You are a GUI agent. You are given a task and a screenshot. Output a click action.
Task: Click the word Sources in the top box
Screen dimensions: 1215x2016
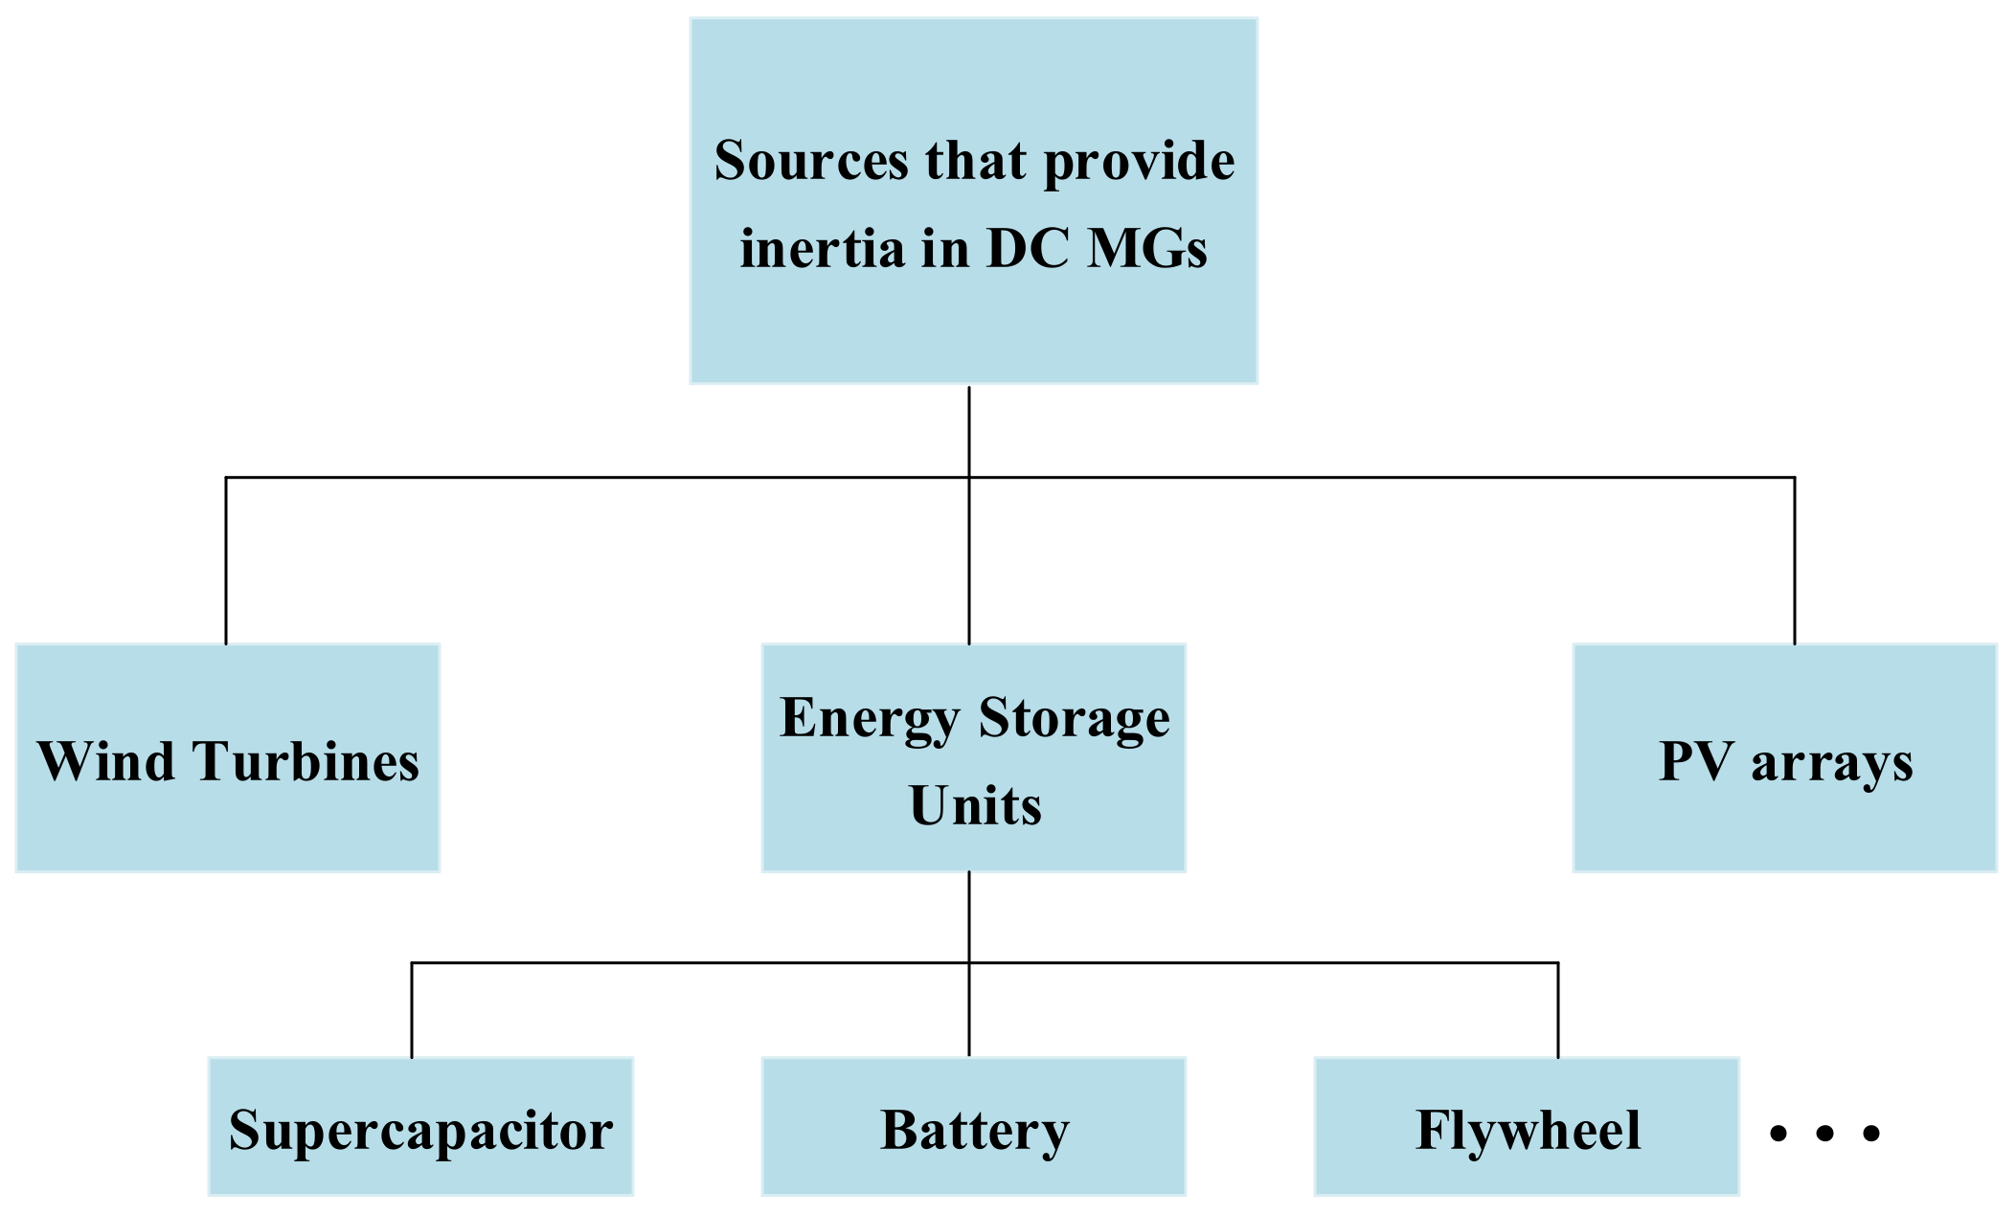point(810,161)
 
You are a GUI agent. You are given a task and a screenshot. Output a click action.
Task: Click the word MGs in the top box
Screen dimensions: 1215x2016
point(1147,248)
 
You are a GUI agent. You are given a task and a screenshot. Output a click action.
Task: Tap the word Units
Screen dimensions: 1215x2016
point(975,806)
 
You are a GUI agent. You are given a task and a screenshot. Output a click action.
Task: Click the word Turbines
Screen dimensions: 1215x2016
point(306,762)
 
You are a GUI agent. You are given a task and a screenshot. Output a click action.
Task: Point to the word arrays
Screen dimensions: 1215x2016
point(1831,764)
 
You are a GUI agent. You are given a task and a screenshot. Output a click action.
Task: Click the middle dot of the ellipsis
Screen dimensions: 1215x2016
point(1824,1134)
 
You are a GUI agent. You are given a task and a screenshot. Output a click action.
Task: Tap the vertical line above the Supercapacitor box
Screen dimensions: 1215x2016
point(412,1010)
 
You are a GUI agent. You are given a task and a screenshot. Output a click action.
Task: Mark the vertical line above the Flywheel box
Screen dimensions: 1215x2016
point(1558,1010)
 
